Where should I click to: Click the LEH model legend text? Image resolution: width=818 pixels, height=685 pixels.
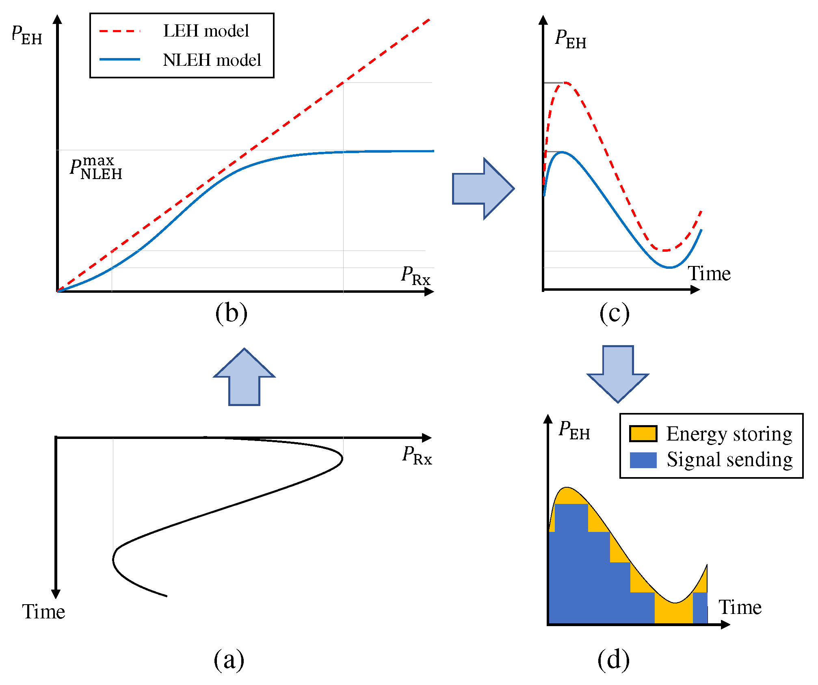pos(206,31)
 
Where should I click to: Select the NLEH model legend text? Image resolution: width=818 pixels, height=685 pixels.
pos(212,60)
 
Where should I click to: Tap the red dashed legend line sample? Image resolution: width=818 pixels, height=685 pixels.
pos(120,31)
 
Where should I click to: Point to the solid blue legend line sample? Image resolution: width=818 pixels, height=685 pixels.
pos(120,60)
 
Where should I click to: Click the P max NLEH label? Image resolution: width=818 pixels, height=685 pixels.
pos(96,168)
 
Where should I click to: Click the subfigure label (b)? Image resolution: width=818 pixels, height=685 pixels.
pos(231,313)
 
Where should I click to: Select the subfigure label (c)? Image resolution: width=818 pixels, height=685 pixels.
pos(614,313)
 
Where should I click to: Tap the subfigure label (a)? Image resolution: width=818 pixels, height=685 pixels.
pos(229,659)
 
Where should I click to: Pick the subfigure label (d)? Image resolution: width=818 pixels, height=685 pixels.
pos(613,659)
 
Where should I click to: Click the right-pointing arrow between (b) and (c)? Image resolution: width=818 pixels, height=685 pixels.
pos(483,189)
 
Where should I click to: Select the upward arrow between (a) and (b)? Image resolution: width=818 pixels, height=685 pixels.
pos(244,378)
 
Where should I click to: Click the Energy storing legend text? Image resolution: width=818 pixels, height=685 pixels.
pos(729,434)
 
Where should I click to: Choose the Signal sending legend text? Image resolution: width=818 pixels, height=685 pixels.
pos(729,460)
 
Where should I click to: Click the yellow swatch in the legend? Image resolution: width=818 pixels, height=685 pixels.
pos(643,434)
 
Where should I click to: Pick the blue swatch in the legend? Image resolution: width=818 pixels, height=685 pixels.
pos(643,460)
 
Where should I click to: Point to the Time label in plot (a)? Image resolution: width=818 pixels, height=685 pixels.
pos(43,612)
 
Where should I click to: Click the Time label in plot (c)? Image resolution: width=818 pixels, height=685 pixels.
pos(709,273)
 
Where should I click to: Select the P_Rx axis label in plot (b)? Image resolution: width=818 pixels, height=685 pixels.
pos(415,276)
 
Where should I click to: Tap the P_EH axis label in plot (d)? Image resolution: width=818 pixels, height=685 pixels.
pos(574,430)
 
